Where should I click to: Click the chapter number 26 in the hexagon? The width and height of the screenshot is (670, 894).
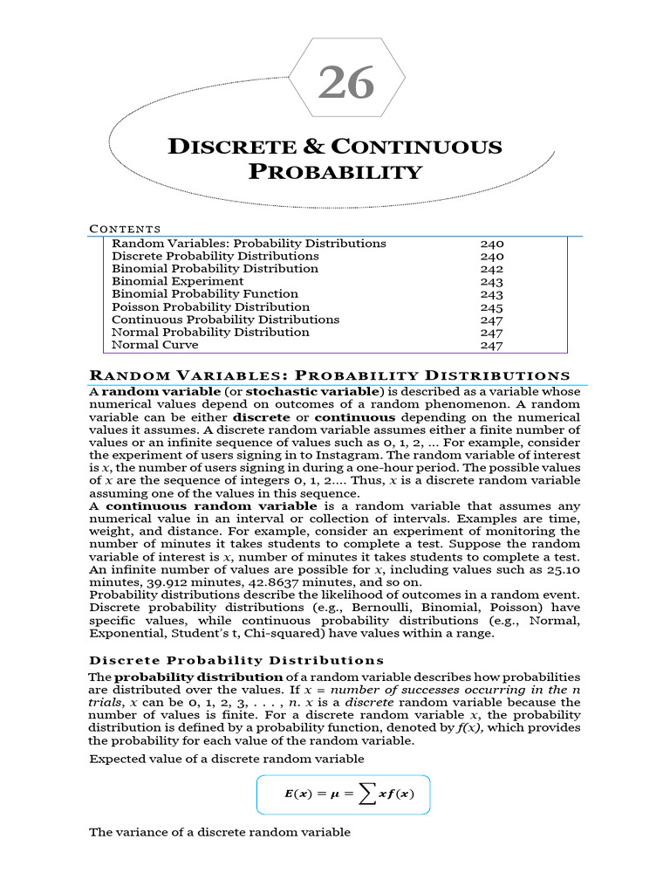346,84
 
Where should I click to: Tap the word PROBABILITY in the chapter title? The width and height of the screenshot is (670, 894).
335,172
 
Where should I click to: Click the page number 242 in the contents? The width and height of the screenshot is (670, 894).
492,270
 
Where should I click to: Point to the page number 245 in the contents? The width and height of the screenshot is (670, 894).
492,307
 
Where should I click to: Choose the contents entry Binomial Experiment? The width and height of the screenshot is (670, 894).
178,282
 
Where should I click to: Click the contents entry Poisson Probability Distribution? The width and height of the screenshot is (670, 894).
210,307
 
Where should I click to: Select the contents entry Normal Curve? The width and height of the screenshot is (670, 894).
154,345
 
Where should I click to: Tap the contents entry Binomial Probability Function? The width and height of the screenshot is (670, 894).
205,294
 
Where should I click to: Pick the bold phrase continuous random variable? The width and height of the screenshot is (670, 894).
211,506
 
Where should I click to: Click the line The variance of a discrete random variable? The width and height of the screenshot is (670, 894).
220,833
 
